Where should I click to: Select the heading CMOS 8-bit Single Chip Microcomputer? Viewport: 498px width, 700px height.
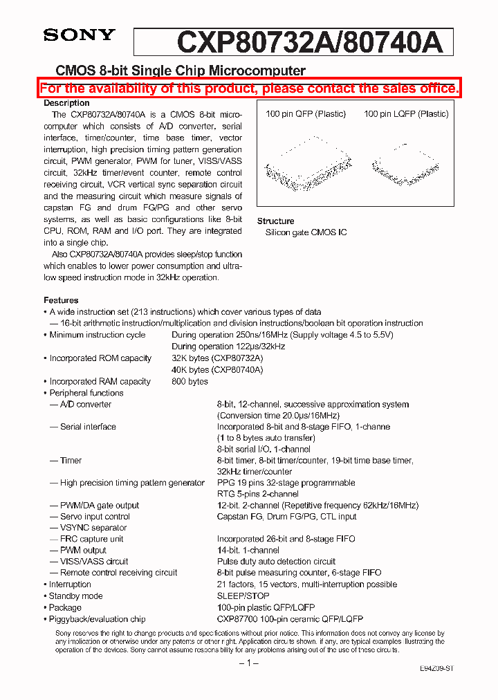pyautogui.click(x=180, y=71)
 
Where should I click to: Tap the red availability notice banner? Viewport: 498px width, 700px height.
pyautogui.click(x=249, y=89)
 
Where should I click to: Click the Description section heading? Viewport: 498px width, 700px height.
pyautogui.click(x=66, y=103)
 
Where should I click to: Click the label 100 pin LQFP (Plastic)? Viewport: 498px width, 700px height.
pyautogui.click(x=406, y=114)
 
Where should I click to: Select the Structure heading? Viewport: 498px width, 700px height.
pyautogui.click(x=275, y=221)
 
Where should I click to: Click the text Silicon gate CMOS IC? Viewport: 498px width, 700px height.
pyautogui.click(x=306, y=232)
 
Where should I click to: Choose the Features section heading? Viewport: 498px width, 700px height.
pyautogui.click(x=61, y=300)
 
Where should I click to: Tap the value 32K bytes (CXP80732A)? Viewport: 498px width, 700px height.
pyautogui.click(x=217, y=358)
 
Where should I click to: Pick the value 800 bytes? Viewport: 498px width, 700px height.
pyautogui.click(x=190, y=381)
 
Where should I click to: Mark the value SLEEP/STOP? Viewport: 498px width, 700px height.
pyautogui.click(x=243, y=596)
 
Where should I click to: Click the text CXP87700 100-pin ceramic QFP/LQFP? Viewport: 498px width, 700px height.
pyautogui.click(x=290, y=618)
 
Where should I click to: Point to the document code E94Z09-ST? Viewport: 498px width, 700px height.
pyautogui.click(x=436, y=669)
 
